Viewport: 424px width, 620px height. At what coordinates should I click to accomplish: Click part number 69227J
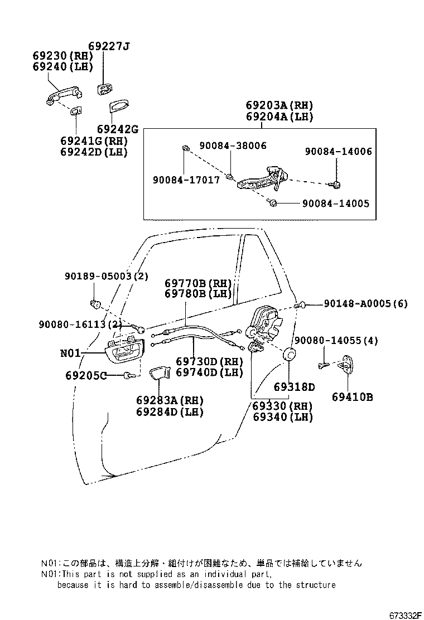pyautogui.click(x=109, y=46)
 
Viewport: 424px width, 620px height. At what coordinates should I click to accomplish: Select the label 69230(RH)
pyautogui.click(x=62, y=56)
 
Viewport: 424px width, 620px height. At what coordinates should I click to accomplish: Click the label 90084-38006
pyautogui.click(x=233, y=146)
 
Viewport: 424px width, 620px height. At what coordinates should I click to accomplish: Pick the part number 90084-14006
pyautogui.click(x=338, y=151)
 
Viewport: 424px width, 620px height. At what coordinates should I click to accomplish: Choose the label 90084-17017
pyautogui.click(x=186, y=180)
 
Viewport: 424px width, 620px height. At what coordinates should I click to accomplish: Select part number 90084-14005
pyautogui.click(x=335, y=204)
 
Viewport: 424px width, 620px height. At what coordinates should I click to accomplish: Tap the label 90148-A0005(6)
pyautogui.click(x=365, y=304)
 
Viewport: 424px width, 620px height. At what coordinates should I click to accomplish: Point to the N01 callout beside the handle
pyautogui.click(x=71, y=353)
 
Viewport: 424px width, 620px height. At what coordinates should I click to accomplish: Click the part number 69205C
pyautogui.click(x=84, y=375)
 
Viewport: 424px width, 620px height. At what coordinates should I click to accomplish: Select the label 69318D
pyautogui.click(x=294, y=387)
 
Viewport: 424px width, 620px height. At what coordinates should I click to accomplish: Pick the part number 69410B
pyautogui.click(x=352, y=397)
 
